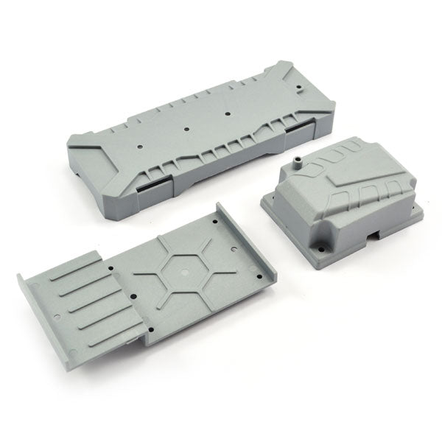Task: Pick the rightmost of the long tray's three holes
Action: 228,114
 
